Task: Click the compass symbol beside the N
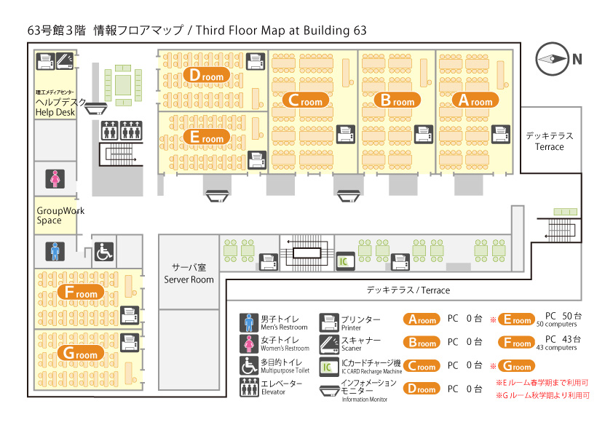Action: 552,59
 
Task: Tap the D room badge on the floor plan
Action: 207,75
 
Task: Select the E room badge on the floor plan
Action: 207,137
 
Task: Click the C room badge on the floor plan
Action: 305,100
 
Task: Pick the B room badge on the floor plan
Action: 398,100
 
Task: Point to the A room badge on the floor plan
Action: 475,100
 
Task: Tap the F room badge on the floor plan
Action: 81,293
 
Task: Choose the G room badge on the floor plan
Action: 81,353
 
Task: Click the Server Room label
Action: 189,279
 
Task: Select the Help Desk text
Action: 55,113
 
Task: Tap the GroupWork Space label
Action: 60,215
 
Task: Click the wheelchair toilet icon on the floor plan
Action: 104,252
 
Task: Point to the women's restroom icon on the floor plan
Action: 55,179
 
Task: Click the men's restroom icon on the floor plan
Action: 55,252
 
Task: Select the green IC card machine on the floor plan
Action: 345,261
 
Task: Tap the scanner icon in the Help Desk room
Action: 65,61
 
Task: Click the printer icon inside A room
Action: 501,135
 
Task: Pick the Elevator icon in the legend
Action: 249,387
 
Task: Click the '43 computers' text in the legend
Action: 556,347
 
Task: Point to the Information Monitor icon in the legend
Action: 329,391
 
